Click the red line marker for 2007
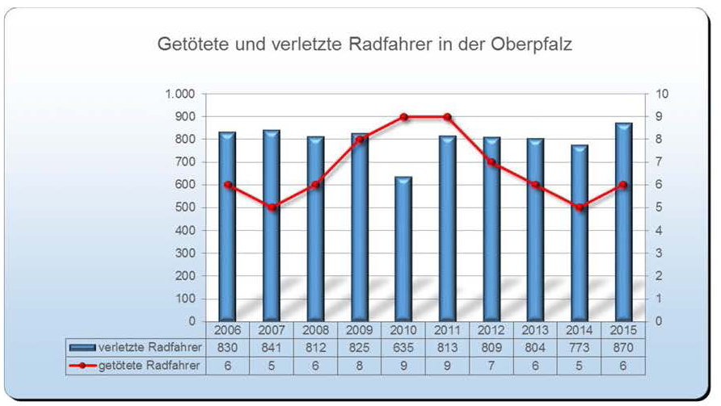pos(272,207)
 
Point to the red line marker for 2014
pos(580,207)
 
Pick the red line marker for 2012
pos(491,162)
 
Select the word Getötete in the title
pos(188,45)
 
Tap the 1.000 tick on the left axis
pos(179,94)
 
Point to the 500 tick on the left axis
pos(184,207)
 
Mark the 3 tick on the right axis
pos(661,253)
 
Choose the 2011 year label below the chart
pos(447,331)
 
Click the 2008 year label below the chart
pos(315,331)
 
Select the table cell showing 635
pos(403,348)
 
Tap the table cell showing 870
pos(623,348)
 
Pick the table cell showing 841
pos(272,348)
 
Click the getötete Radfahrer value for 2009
pos(360,365)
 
